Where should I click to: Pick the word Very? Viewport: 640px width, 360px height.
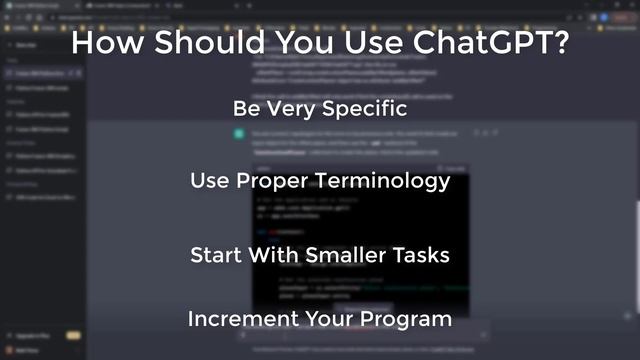pyautogui.click(x=290, y=107)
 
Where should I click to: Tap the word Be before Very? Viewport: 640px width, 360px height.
pyautogui.click(x=246, y=107)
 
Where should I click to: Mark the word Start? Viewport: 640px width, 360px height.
pyautogui.click(x=214, y=255)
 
